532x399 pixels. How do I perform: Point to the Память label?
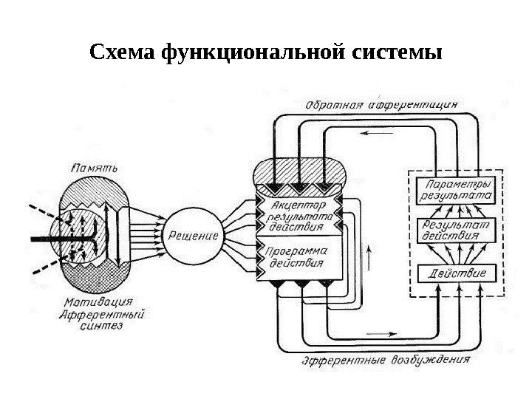point(91,164)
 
